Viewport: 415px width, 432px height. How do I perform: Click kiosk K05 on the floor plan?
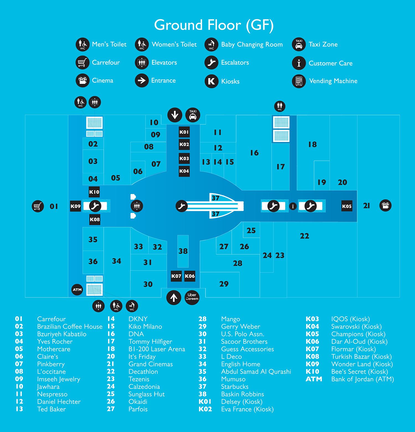point(347,206)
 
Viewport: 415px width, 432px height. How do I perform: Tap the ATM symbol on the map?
point(77,290)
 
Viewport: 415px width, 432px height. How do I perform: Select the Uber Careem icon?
point(192,297)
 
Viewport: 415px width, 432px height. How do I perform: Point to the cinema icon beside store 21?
point(385,206)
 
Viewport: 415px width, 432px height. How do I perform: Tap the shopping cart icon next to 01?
point(38,206)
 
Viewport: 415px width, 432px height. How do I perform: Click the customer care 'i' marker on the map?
point(293,206)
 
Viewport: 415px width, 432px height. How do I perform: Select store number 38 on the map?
point(183,251)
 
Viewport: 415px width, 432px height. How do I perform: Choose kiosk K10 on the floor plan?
point(94,192)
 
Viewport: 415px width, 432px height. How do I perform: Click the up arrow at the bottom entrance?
point(174,298)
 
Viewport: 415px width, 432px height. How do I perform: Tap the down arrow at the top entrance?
point(175,115)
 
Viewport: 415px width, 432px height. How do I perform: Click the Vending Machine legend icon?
point(299,81)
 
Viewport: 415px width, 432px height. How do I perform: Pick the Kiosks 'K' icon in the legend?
point(211,81)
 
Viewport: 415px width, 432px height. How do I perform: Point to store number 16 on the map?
point(254,153)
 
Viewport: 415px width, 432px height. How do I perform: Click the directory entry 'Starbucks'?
point(235,387)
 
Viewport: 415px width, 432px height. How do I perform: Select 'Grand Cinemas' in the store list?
point(151,364)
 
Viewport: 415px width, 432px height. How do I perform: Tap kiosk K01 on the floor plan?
point(184,132)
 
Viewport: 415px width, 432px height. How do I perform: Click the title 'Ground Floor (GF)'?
point(214,25)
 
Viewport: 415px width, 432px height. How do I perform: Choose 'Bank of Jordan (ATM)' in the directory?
point(362,379)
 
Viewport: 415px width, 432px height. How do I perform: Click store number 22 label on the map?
point(304,236)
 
